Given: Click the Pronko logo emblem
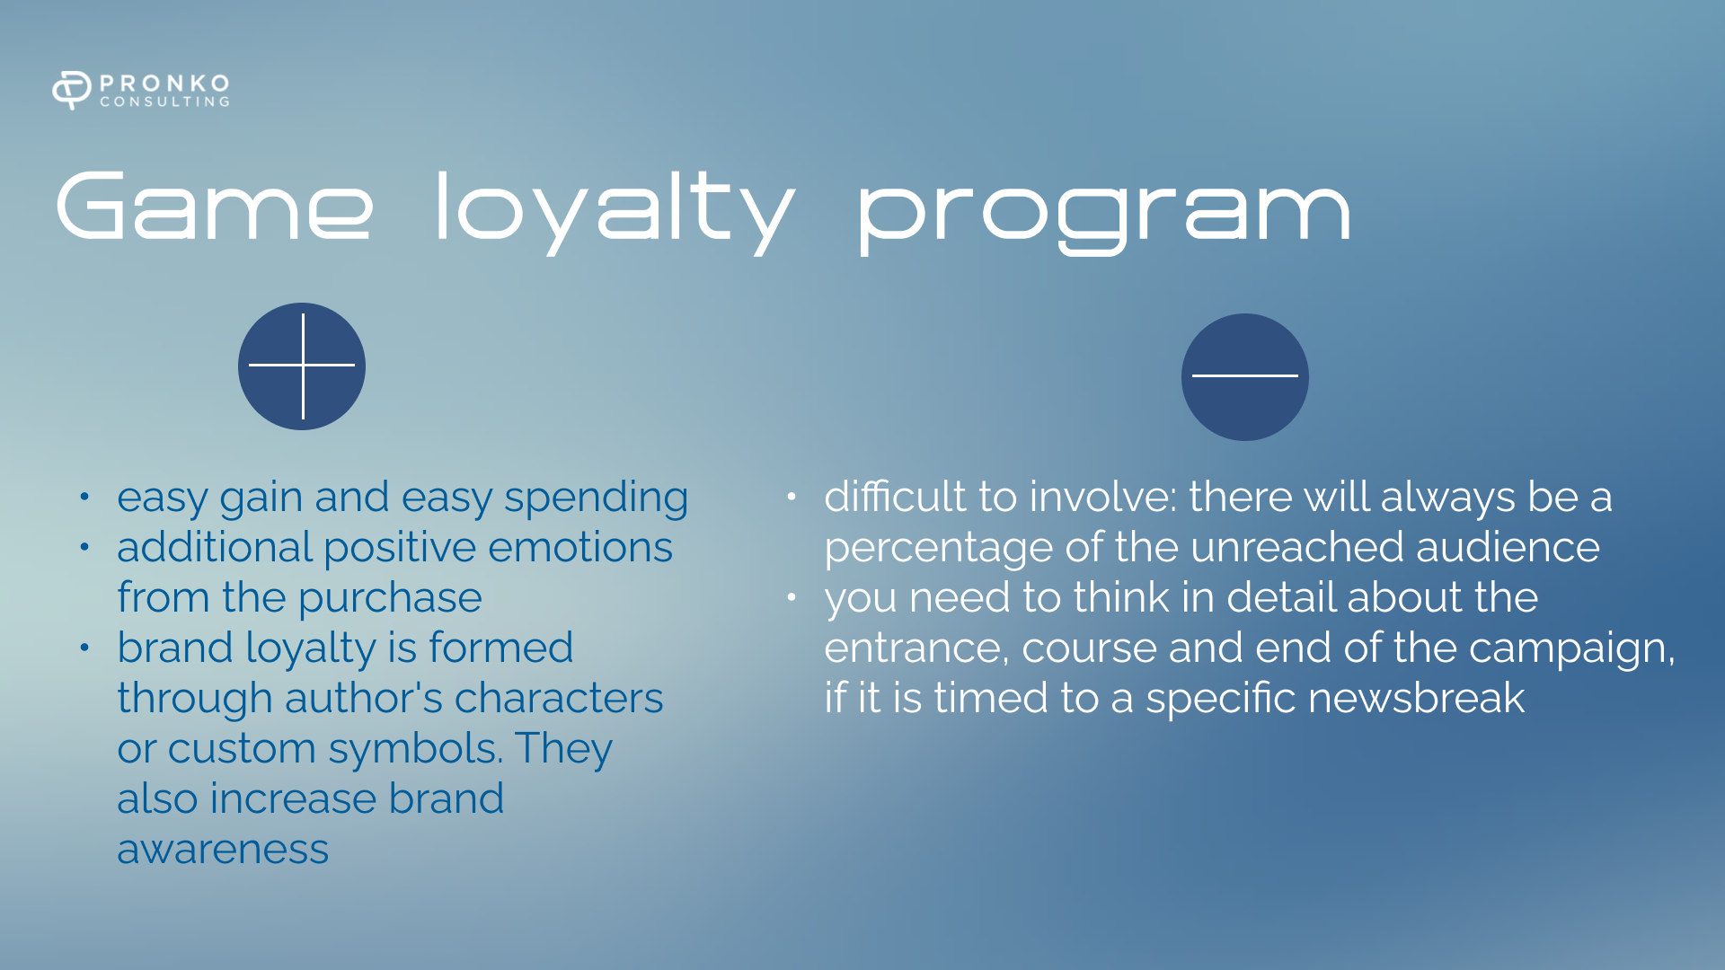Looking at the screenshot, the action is pos(72,90).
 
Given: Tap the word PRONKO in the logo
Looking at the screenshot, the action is pos(165,84).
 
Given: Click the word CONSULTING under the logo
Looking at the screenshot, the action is pos(165,102).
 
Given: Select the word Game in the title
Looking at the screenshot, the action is pos(215,206).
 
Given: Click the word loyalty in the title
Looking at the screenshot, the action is pos(615,212).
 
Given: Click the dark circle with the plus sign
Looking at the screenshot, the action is pos(302,366).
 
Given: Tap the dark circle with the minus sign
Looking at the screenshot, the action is pos(1245,377).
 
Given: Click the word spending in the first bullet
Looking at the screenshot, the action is pos(596,499).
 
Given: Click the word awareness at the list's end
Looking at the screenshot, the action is pos(223,850).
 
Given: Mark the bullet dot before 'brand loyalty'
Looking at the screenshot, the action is pos(84,648).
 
